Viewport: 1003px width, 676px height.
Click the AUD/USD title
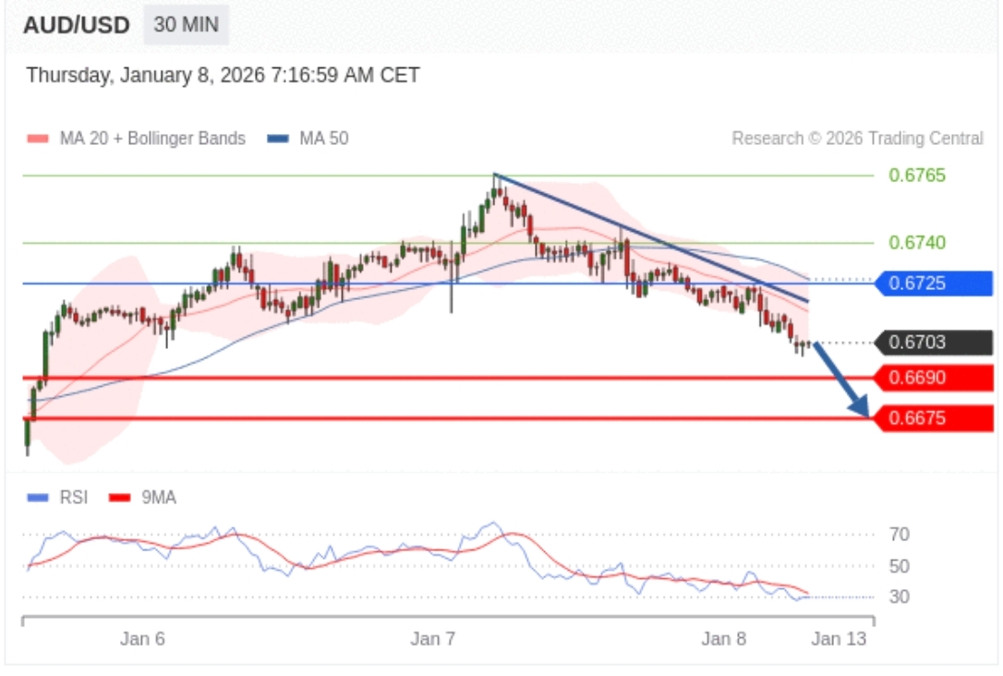pyautogui.click(x=76, y=25)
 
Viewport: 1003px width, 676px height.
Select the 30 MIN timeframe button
pyautogui.click(x=186, y=25)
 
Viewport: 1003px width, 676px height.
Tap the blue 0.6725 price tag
pyautogui.click(x=935, y=284)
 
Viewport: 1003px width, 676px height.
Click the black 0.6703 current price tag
pyautogui.click(x=935, y=343)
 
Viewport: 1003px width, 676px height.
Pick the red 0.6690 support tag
pyautogui.click(x=935, y=378)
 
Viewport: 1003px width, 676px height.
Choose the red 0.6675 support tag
pyautogui.click(x=935, y=417)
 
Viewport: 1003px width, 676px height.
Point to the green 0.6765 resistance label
pyautogui.click(x=916, y=175)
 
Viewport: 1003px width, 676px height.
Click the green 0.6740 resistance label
pyautogui.click(x=916, y=243)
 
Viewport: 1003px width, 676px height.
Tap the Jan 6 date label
pyautogui.click(x=142, y=639)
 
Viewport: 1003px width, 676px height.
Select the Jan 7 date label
pyautogui.click(x=433, y=639)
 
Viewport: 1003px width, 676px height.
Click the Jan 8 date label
pyautogui.click(x=723, y=639)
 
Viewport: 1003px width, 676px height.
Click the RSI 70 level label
pyautogui.click(x=899, y=535)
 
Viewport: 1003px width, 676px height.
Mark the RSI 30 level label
pyautogui.click(x=899, y=597)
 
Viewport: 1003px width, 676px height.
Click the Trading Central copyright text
pyautogui.click(x=857, y=139)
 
